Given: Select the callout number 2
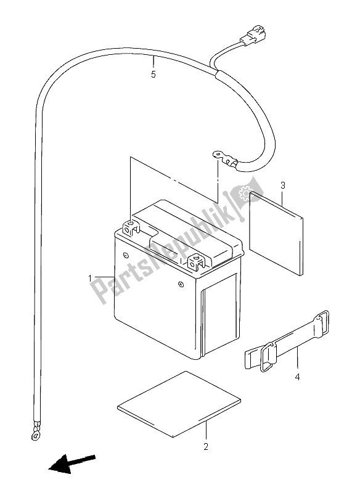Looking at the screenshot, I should pos(206,446).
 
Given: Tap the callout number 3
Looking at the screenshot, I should pos(282,185).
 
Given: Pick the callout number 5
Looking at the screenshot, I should pos(153,75).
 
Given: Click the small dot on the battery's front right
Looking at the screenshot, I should pos(181,284).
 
